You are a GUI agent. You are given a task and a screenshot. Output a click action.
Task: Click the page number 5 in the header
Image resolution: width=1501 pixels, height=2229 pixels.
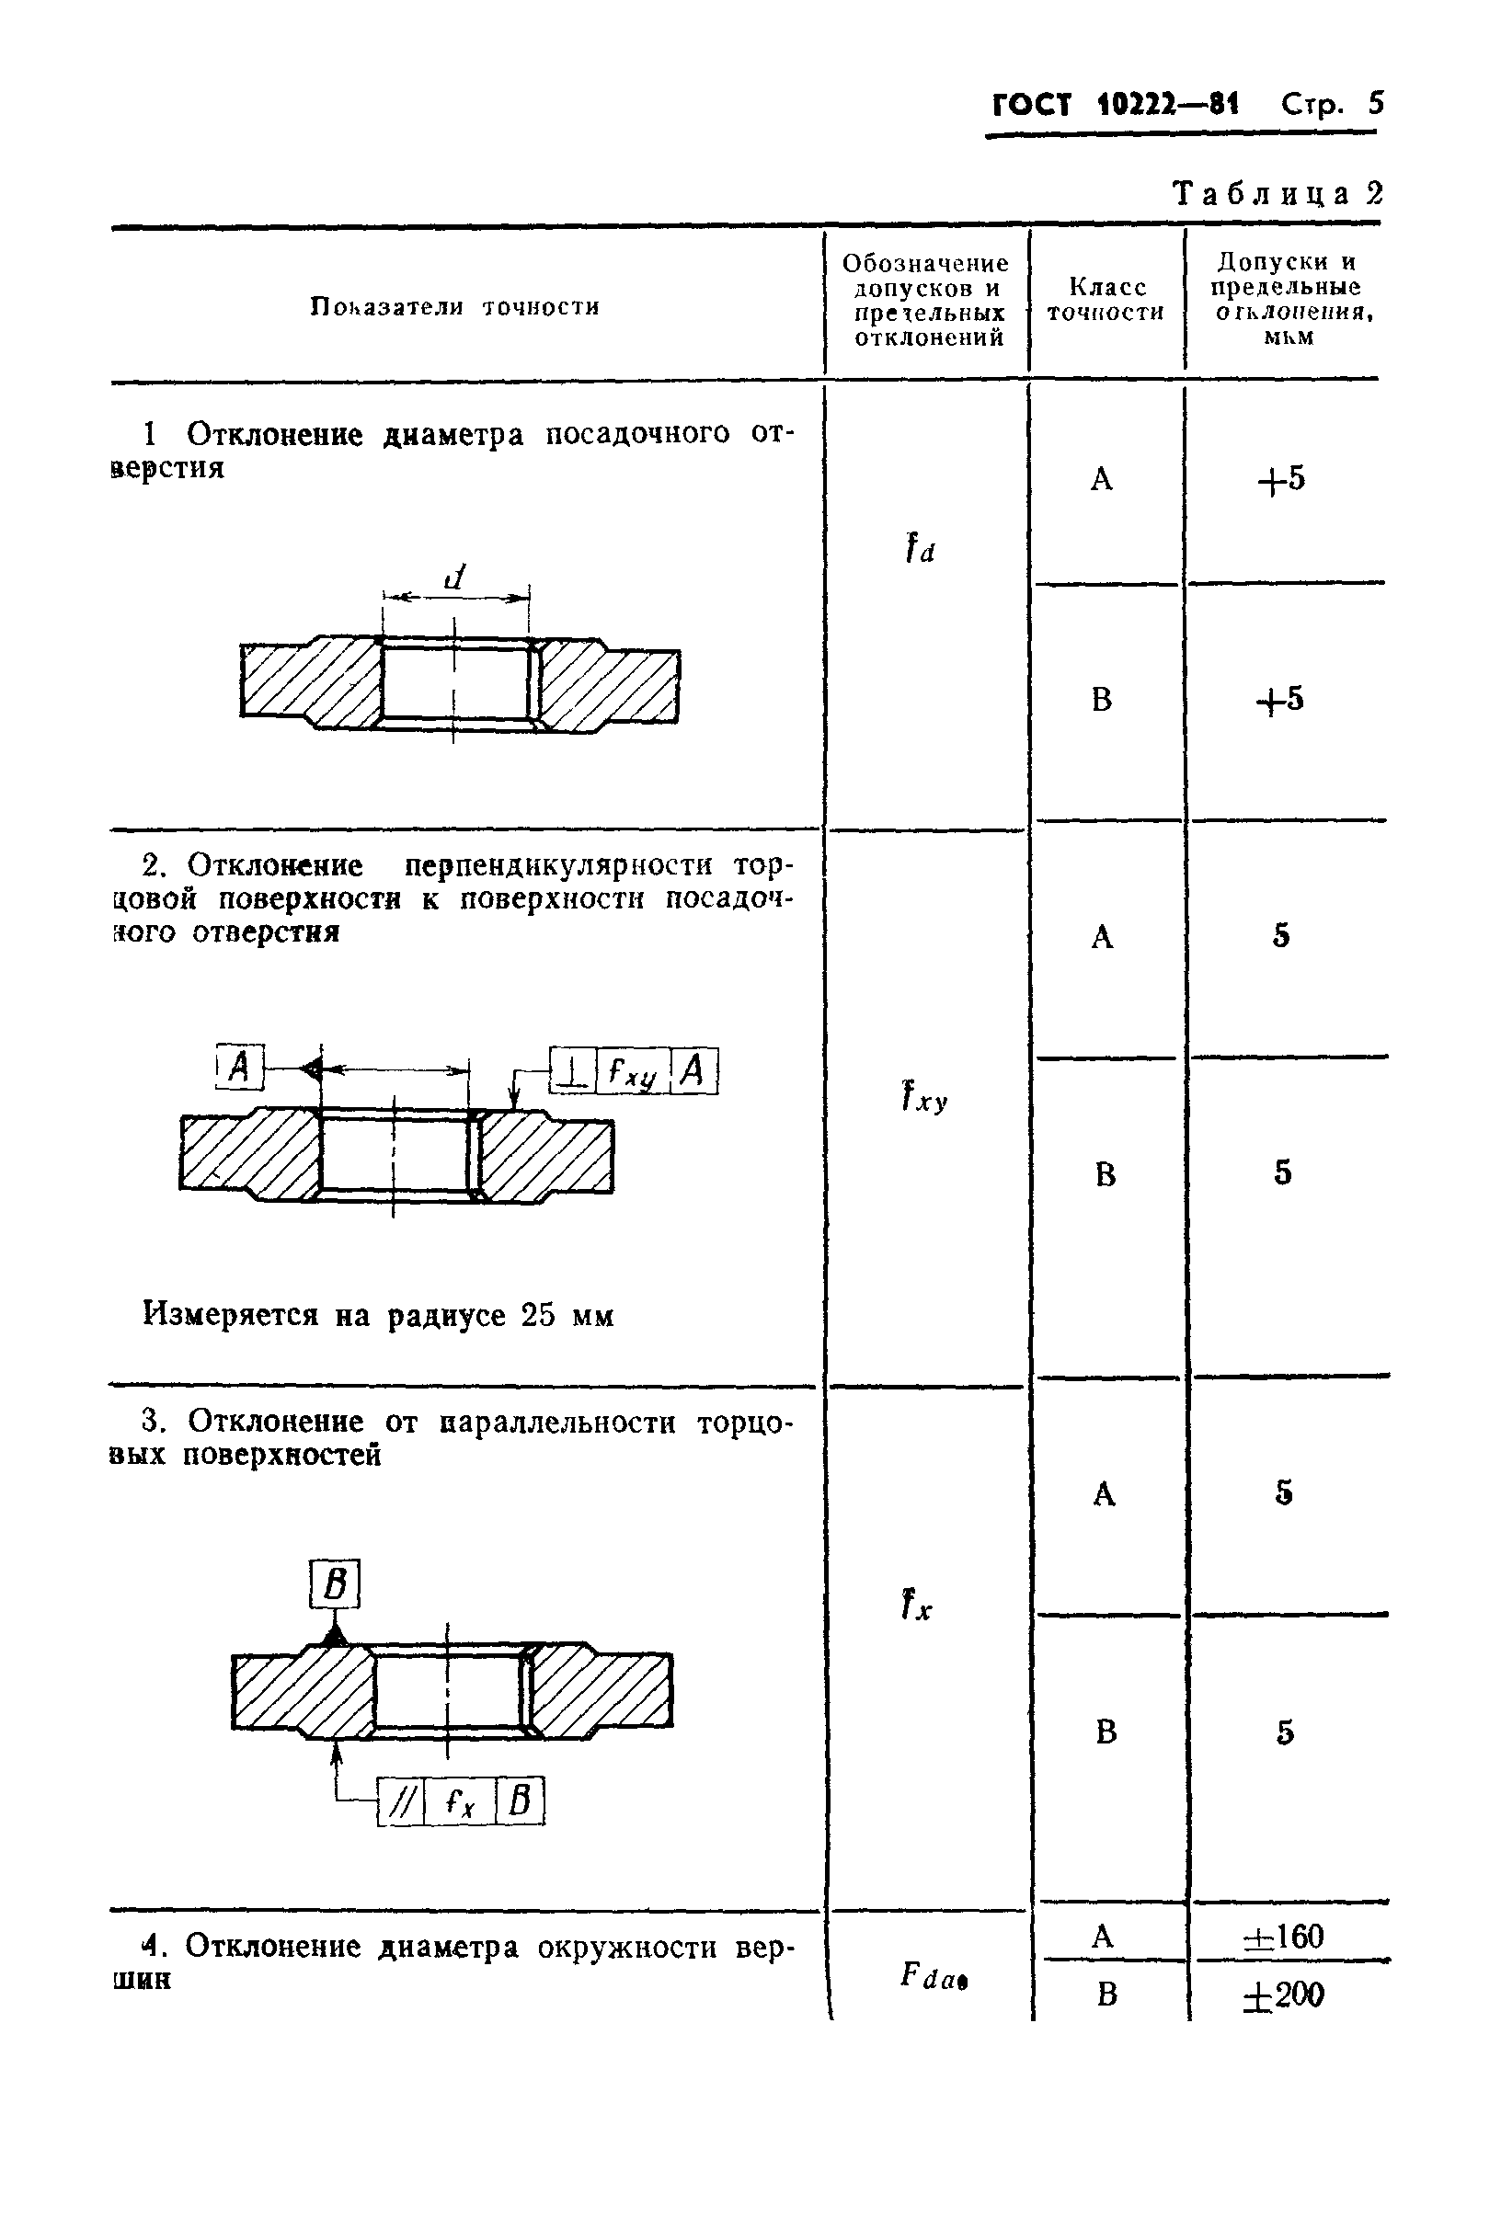(1376, 103)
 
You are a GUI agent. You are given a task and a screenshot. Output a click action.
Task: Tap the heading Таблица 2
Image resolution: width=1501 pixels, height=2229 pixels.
(1278, 194)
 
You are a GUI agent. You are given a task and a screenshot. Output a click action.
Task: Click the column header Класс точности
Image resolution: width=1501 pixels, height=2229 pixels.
(1106, 300)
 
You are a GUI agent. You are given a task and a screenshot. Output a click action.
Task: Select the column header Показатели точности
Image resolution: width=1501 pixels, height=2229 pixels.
(454, 307)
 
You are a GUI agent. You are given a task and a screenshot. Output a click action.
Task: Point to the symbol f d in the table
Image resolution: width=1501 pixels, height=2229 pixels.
(919, 549)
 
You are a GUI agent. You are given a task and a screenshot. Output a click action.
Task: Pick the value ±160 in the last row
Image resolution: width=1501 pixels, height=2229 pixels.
(1283, 1938)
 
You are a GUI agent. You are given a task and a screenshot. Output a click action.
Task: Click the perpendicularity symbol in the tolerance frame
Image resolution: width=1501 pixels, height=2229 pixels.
(572, 1071)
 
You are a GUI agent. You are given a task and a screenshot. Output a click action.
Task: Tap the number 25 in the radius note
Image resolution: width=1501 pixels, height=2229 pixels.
(538, 1316)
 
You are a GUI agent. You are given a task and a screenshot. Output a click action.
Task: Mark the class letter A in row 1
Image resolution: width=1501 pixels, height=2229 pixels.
(1102, 478)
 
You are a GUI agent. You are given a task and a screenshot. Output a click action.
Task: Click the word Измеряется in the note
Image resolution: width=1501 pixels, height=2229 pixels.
(230, 1316)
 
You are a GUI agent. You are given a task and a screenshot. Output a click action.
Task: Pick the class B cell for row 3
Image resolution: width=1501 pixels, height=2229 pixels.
(1106, 1732)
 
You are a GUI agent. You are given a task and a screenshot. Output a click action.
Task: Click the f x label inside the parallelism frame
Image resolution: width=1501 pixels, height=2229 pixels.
(461, 1803)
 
